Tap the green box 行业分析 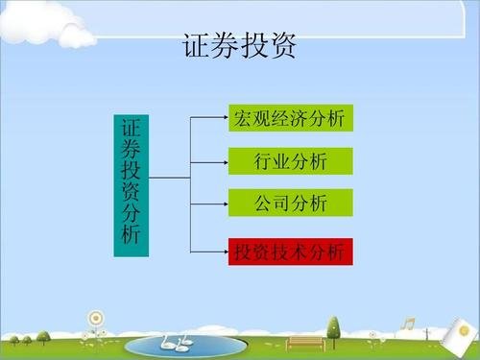pyautogui.click(x=291, y=161)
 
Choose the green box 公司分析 pyautogui.click(x=291, y=203)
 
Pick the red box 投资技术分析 pyautogui.click(x=291, y=252)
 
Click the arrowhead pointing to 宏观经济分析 pyautogui.click(x=223, y=118)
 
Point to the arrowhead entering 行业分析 pyautogui.click(x=223, y=161)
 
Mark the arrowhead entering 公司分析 pyautogui.click(x=223, y=203)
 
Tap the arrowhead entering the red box pyautogui.click(x=223, y=252)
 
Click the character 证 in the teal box pyautogui.click(x=132, y=128)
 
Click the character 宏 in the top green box pyautogui.click(x=242, y=118)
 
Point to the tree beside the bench pyautogui.click(x=333, y=329)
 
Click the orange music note pyautogui.click(x=409, y=324)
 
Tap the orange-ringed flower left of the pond pyautogui.click(x=94, y=319)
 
